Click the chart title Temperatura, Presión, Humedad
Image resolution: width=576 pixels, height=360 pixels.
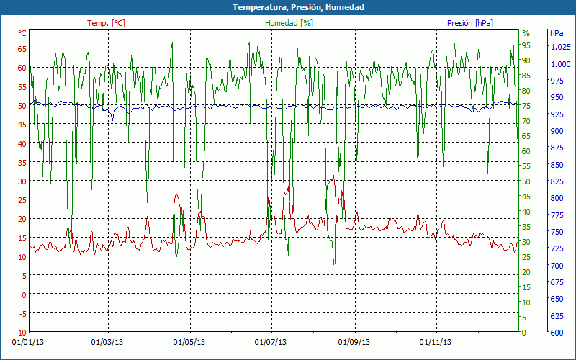coord(288,7)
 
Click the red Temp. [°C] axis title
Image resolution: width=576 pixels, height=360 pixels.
coord(106,23)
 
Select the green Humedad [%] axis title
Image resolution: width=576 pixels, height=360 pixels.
coord(289,23)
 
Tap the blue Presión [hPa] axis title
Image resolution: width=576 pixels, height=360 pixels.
coord(470,23)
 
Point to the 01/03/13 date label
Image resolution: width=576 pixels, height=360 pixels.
coord(108,342)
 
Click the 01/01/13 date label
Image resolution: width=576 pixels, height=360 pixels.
coord(27,342)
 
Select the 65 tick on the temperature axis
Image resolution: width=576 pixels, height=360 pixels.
coord(22,49)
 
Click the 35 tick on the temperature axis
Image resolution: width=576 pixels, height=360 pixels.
coord(22,162)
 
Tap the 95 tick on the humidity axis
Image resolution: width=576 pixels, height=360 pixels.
coord(526,45)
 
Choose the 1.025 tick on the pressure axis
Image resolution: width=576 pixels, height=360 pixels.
coord(560,48)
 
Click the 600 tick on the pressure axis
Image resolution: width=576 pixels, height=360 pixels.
coord(557,332)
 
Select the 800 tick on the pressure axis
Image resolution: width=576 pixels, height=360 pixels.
coord(557,198)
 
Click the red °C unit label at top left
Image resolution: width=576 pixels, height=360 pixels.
coord(22,33)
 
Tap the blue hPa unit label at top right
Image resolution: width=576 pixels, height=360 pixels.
coord(557,33)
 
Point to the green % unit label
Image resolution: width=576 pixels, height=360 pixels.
coord(526,33)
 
